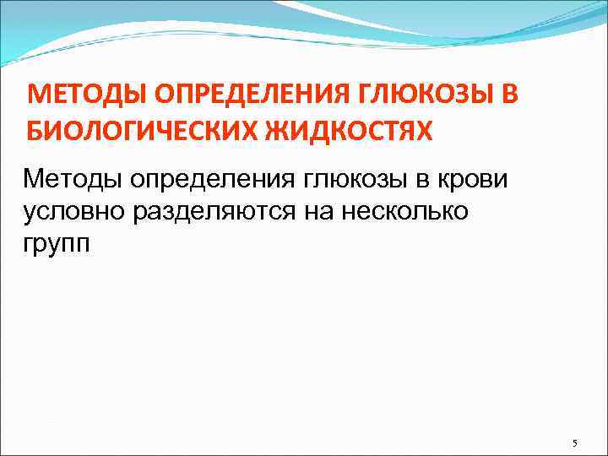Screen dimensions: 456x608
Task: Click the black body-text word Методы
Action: coord(73,179)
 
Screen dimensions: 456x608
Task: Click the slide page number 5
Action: coord(574,443)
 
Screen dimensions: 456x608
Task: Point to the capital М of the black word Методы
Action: coord(34,179)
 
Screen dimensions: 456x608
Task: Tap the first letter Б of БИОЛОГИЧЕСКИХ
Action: coord(36,132)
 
